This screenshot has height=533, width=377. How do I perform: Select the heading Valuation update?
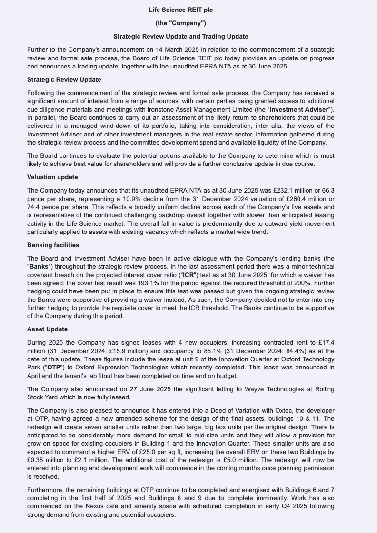52,177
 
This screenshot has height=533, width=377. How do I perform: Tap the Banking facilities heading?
53,245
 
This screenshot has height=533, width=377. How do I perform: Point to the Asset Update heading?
47,329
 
